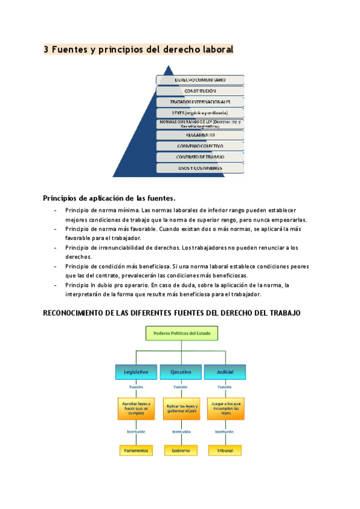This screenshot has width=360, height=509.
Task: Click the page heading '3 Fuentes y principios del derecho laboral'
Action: click(138, 50)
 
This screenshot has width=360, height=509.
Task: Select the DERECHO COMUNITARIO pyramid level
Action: click(200, 79)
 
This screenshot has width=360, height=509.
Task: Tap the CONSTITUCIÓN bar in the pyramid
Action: click(200, 91)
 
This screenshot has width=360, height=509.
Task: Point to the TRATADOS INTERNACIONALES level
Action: click(200, 102)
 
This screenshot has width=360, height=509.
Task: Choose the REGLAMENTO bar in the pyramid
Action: click(200, 135)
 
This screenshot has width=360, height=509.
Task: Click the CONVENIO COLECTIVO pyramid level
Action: click(200, 146)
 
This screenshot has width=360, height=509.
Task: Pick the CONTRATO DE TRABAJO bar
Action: click(200, 157)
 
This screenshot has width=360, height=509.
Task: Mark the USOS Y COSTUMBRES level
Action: click(200, 168)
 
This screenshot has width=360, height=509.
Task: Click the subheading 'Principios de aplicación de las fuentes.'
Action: click(109, 198)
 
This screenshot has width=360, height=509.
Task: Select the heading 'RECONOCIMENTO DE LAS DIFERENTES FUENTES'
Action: click(172, 313)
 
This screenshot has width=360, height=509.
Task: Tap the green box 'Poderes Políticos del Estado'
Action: click(182, 333)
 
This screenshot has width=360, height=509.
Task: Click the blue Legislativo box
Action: click(136, 372)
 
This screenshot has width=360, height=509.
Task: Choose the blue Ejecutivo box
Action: click(181, 372)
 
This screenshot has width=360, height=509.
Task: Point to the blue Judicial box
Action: click(225, 372)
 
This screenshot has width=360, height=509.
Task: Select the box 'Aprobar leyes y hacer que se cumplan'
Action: click(136, 408)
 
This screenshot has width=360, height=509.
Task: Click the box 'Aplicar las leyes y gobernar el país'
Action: click(181, 409)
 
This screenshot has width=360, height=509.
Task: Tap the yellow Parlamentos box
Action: click(136, 450)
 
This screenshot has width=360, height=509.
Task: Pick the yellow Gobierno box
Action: click(181, 450)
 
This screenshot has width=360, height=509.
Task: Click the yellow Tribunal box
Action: click(225, 450)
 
